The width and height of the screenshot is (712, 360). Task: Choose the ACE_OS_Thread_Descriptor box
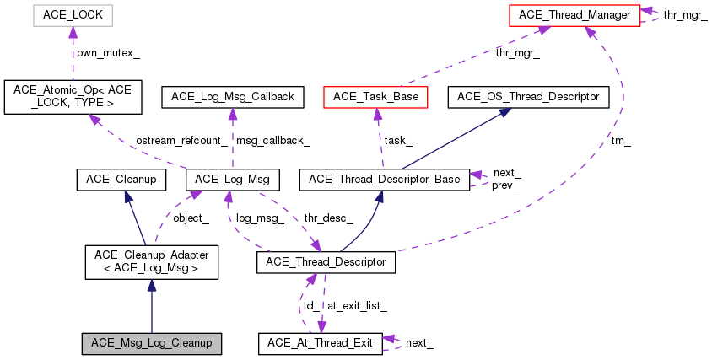(x=528, y=97)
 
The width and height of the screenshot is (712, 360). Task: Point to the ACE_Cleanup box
(x=121, y=179)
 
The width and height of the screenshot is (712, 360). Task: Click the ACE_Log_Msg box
(x=232, y=179)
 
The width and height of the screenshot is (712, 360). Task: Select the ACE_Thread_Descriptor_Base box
(x=385, y=179)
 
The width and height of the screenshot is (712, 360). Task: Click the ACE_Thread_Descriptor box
(x=326, y=262)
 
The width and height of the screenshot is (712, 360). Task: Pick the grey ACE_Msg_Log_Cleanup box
(x=152, y=343)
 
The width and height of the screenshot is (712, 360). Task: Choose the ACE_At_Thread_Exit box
(x=319, y=343)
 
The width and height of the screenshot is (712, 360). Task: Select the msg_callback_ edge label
(x=270, y=140)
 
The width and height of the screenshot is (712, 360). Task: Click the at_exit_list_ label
(x=357, y=305)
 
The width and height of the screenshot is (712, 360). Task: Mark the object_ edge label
(x=190, y=218)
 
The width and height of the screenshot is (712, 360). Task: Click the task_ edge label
(x=397, y=140)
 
